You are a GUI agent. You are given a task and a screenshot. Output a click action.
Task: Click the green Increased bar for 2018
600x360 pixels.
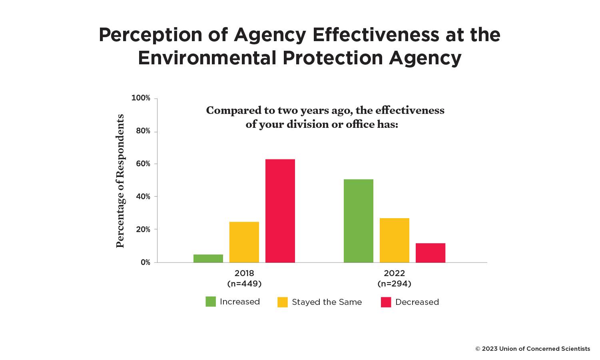[x=208, y=259]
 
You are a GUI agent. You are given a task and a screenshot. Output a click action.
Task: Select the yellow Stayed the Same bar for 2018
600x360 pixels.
[x=244, y=242]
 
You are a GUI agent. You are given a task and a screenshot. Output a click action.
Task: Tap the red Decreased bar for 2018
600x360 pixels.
[x=280, y=211]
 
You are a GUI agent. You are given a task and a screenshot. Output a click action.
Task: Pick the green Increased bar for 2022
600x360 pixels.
[x=359, y=221]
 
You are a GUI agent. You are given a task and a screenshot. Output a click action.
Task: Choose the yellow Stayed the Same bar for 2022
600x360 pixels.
[x=395, y=240]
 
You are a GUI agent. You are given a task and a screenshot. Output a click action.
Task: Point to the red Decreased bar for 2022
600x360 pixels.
[x=431, y=253]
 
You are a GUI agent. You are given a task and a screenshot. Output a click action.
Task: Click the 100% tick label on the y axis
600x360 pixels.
[x=141, y=98]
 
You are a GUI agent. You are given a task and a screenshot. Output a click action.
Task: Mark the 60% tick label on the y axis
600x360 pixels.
[x=142, y=164]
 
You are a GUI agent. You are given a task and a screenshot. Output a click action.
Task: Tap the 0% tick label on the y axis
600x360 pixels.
[x=146, y=263]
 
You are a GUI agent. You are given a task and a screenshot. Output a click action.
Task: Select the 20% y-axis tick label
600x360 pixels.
[x=143, y=230]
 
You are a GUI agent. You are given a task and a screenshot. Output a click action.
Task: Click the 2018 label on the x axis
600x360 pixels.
[x=244, y=274]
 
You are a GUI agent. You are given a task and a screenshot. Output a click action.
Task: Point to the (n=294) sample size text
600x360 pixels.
[x=395, y=284]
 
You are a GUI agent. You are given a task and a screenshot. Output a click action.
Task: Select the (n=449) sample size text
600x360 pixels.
[x=244, y=284]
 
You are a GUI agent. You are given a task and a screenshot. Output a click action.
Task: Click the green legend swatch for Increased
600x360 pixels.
[x=211, y=302]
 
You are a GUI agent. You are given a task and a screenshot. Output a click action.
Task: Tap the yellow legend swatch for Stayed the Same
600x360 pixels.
[x=283, y=302]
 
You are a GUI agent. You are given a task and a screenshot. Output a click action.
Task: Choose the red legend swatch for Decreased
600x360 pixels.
[x=386, y=302]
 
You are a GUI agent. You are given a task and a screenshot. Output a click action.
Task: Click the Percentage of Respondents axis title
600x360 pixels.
[x=120, y=181]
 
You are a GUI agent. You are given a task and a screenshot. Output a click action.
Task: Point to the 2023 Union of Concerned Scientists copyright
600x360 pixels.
[x=532, y=349]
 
